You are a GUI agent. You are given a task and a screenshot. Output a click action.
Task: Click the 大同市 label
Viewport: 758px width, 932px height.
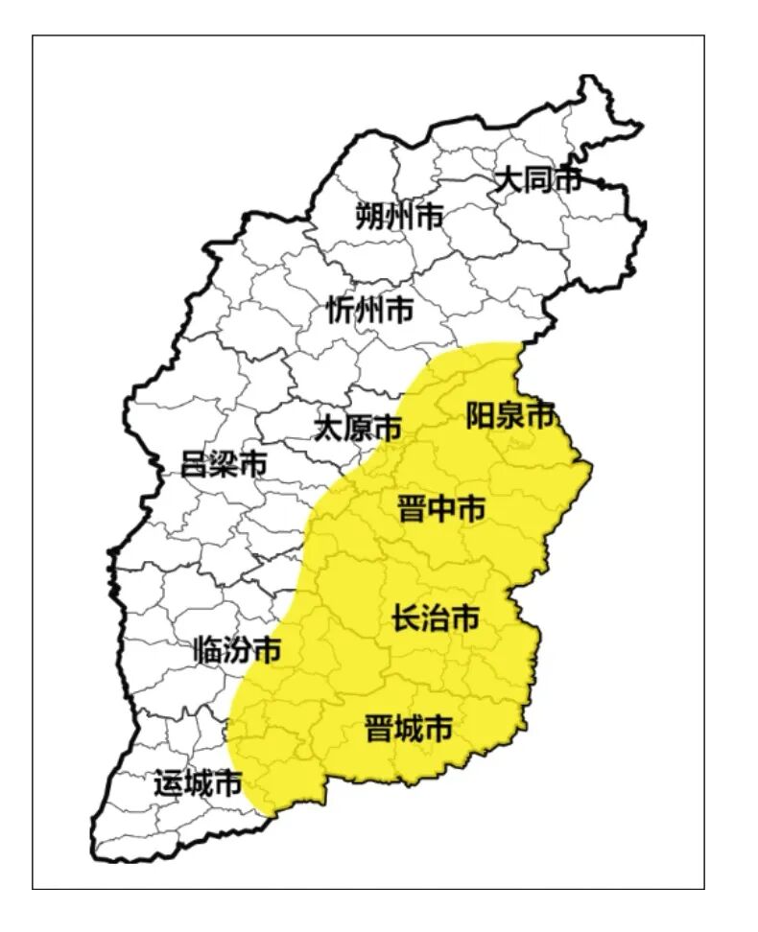coord(536,179)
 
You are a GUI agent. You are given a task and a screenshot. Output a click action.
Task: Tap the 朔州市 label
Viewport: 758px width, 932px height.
coord(399,217)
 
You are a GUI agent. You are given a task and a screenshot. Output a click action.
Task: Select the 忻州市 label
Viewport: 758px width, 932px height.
coord(369,309)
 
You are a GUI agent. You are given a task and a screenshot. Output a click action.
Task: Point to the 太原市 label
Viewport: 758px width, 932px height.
coord(358,428)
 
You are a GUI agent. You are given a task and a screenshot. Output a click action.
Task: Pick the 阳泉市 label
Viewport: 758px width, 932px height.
coord(509,415)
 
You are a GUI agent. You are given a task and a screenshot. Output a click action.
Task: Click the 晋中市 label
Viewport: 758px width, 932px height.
coord(441,509)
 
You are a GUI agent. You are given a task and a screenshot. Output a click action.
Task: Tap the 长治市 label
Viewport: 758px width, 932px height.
coord(436,619)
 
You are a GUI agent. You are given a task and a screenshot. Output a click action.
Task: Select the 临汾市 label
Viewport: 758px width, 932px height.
coord(237,651)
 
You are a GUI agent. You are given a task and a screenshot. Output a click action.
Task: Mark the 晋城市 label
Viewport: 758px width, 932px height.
coord(409,729)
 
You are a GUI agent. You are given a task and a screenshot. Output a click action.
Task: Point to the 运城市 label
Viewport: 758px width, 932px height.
coord(197,784)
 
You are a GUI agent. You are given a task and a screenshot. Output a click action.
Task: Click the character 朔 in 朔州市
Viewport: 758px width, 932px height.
coord(369,217)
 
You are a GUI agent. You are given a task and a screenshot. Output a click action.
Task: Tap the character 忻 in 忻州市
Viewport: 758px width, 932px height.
coord(341,309)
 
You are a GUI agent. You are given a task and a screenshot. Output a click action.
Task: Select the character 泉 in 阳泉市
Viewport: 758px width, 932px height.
coord(509,415)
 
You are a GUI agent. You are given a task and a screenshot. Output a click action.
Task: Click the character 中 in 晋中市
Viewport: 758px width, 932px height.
coord(441,509)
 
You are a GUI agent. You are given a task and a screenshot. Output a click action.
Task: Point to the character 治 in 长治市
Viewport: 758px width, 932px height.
coord(436,619)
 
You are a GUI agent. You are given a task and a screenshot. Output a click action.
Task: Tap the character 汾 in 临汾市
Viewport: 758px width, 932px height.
coord(237,651)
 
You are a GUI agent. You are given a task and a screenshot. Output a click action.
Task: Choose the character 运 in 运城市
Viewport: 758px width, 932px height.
coord(168,784)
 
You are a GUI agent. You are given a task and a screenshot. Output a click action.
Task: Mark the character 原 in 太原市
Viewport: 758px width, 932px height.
coord(358,428)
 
